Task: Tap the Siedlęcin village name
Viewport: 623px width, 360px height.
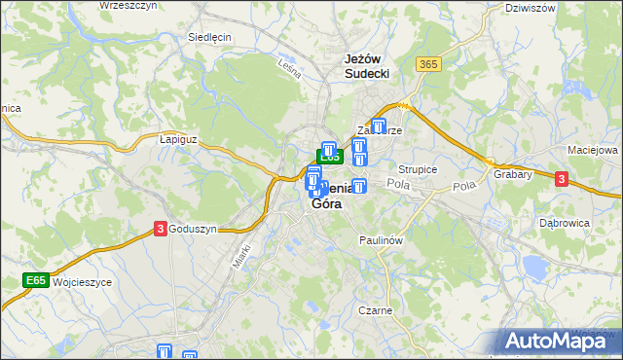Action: (x=208, y=37)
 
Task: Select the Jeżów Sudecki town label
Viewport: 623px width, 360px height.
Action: (x=368, y=65)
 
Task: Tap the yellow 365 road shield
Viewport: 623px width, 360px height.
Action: (x=428, y=64)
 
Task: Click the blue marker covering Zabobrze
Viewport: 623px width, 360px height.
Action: (x=380, y=125)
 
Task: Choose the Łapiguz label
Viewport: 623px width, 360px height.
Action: (x=178, y=139)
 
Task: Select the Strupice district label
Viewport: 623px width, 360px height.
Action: (x=418, y=169)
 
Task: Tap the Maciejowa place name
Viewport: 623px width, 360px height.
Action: (x=593, y=151)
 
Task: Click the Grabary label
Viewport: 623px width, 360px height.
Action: (x=512, y=175)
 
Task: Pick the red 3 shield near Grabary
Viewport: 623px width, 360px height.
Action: (x=562, y=178)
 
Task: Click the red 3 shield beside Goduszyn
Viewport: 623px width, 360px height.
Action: (x=159, y=229)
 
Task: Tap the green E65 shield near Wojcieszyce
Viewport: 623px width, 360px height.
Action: (x=36, y=281)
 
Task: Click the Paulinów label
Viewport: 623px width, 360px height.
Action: (x=381, y=239)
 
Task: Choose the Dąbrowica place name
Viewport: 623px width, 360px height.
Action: (x=563, y=222)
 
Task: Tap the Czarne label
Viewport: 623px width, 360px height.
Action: (x=375, y=310)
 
